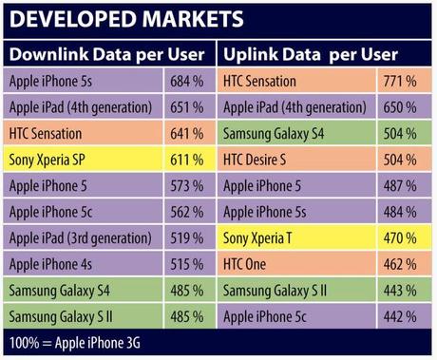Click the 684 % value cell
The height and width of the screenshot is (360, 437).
tap(188, 83)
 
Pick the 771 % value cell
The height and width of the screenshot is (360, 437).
tap(400, 83)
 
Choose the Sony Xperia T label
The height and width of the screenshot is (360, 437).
tap(258, 237)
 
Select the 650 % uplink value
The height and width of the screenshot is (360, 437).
tap(400, 108)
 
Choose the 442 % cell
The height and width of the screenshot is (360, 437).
tap(400, 314)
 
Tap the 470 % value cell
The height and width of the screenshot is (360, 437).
tap(400, 237)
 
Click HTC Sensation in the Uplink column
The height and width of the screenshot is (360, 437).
tap(258, 83)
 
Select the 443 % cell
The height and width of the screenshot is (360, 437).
tap(400, 289)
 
